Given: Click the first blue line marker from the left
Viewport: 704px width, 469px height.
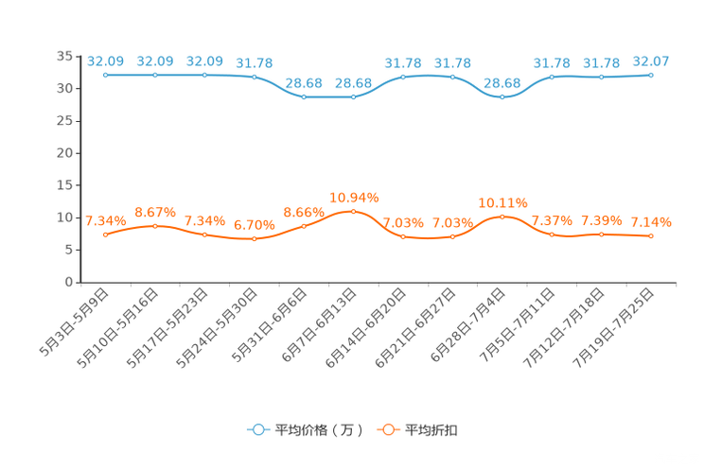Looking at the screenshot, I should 105,74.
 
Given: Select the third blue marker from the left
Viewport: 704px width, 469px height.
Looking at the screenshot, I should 204,74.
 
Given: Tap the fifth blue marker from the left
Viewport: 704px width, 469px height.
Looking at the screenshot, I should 304,96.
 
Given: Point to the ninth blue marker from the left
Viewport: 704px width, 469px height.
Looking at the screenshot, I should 502,96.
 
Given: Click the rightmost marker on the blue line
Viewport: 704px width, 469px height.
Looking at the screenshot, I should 651,74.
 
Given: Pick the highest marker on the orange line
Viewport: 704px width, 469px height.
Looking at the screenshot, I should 354,211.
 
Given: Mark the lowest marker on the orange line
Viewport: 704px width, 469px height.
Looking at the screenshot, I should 255,239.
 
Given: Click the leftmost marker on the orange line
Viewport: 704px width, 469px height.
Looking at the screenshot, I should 105,234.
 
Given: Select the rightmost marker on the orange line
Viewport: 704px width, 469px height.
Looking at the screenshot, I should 651,236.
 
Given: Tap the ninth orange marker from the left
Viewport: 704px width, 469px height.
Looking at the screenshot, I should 502,216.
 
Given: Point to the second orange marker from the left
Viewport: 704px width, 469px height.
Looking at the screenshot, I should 155,225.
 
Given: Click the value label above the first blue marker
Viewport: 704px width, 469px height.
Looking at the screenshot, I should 105,61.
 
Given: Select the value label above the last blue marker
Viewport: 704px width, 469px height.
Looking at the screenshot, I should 651,61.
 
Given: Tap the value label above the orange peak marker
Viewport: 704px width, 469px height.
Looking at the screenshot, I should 354,198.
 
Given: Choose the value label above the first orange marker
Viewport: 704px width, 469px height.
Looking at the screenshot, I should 105,220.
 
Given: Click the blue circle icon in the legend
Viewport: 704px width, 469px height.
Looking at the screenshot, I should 257,429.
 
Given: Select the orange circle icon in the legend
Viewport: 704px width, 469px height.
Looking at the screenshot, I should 387,429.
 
